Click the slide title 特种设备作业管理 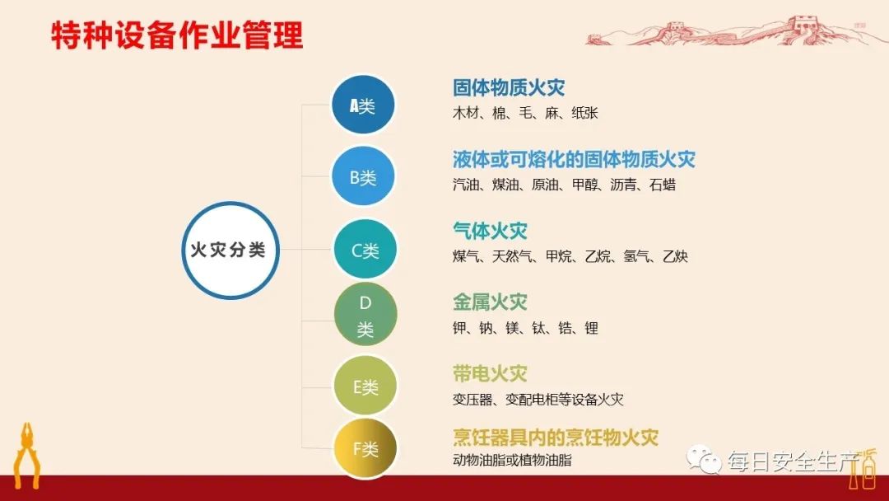[x=177, y=36]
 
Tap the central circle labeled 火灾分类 [x=230, y=250]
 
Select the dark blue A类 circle [x=363, y=105]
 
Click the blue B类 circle [x=363, y=176]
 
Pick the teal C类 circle [x=365, y=250]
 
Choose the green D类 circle [x=365, y=316]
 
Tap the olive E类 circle [x=365, y=386]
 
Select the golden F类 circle [x=365, y=448]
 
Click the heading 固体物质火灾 [x=509, y=88]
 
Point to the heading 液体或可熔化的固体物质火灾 [x=574, y=159]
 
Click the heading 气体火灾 [x=490, y=231]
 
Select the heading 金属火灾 [x=490, y=302]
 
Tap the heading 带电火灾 [x=490, y=373]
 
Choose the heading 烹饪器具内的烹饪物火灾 [x=556, y=437]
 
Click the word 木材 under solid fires [x=467, y=113]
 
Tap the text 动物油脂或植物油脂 [x=512, y=460]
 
